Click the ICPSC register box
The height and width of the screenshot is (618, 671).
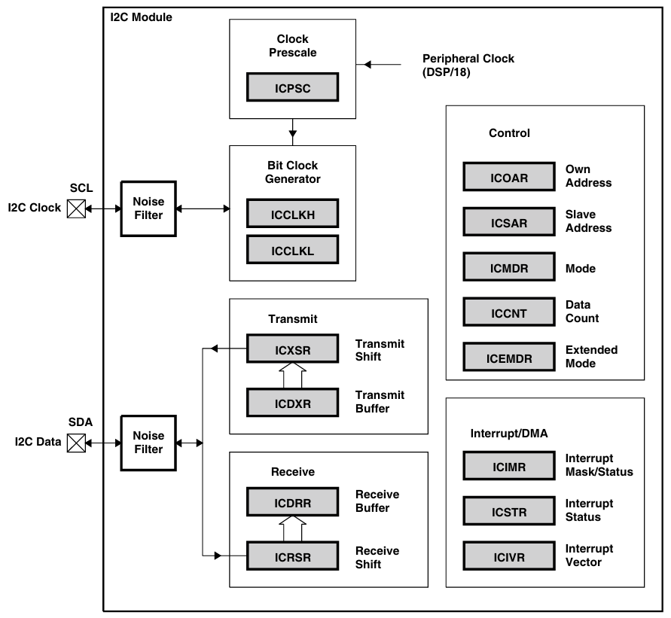click(292, 87)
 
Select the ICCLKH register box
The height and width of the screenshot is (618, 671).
click(292, 214)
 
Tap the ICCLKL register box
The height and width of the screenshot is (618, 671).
click(292, 249)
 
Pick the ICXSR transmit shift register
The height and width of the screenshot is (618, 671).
click(292, 349)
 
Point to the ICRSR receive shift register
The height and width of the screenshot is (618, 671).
click(292, 557)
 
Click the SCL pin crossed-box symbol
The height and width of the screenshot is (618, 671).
click(76, 209)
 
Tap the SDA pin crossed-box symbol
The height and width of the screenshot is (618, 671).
click(76, 443)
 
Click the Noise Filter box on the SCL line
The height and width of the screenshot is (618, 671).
click(148, 209)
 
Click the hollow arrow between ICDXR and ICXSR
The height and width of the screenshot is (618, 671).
click(292, 375)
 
